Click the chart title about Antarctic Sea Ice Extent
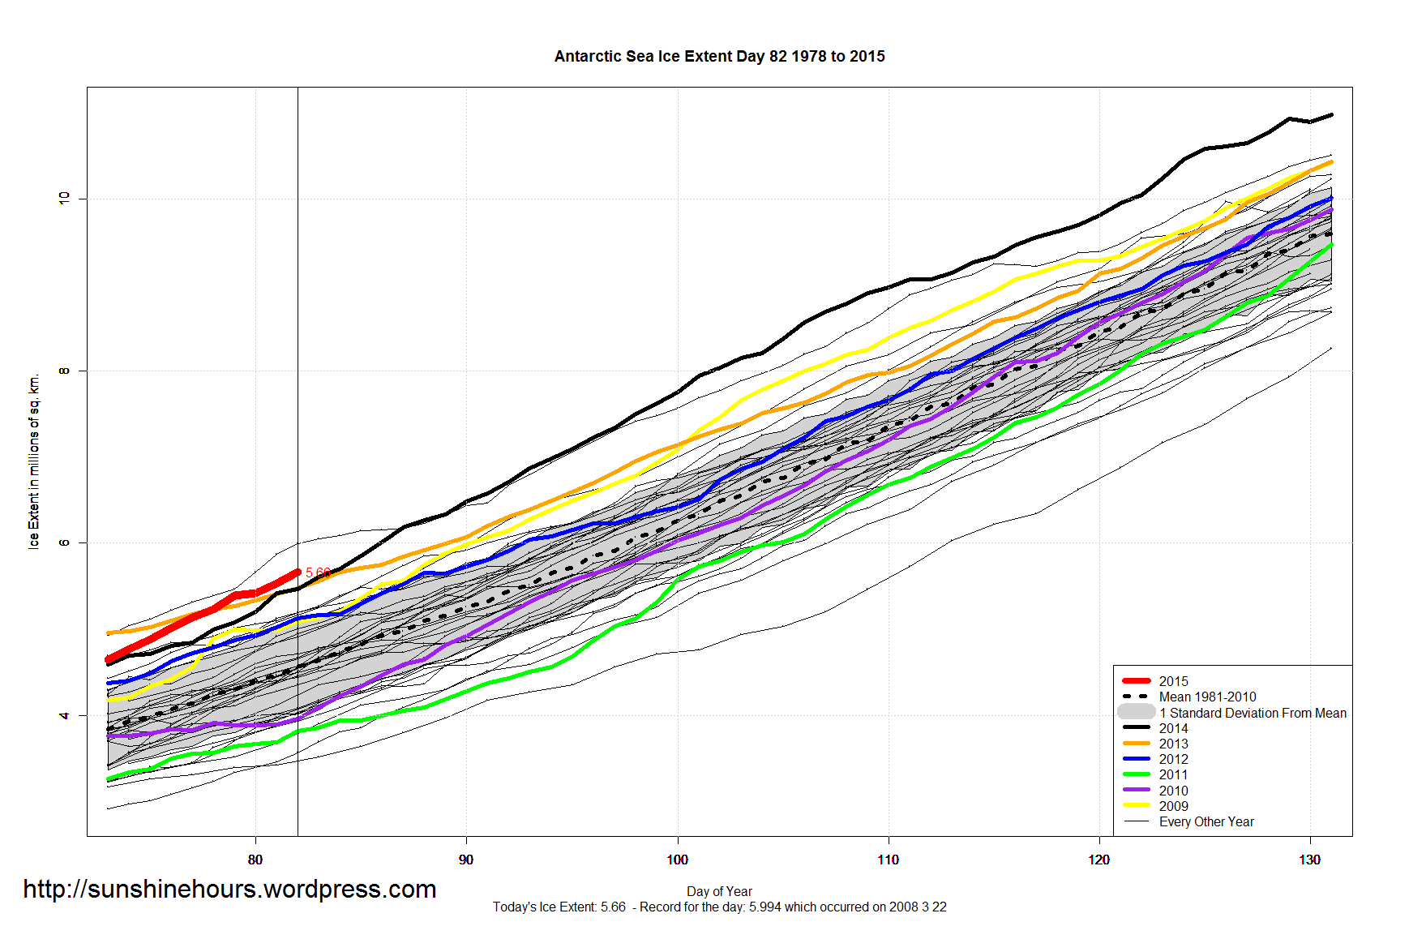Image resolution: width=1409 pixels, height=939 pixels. (x=719, y=57)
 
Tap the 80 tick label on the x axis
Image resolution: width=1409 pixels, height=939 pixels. (x=255, y=860)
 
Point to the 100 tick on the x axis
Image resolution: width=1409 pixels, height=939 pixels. (x=678, y=860)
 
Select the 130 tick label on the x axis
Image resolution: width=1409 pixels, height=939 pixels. (x=1310, y=860)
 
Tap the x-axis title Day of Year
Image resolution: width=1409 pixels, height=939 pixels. (x=719, y=891)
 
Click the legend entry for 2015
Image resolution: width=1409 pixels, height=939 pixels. (x=1173, y=681)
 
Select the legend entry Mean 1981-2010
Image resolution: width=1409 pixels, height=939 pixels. (x=1207, y=697)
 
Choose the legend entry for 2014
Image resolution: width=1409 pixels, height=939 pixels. (x=1173, y=728)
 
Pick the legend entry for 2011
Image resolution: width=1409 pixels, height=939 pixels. (x=1173, y=774)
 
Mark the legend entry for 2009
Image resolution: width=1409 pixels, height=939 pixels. (x=1173, y=806)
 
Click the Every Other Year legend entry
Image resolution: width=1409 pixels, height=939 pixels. (x=1206, y=821)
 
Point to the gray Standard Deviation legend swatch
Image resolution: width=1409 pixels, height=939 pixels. (x=1137, y=712)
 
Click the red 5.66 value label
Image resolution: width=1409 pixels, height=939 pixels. (x=317, y=572)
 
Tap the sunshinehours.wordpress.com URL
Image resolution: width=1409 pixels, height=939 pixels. (x=229, y=889)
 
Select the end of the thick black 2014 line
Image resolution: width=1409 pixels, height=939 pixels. (x=1331, y=115)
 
